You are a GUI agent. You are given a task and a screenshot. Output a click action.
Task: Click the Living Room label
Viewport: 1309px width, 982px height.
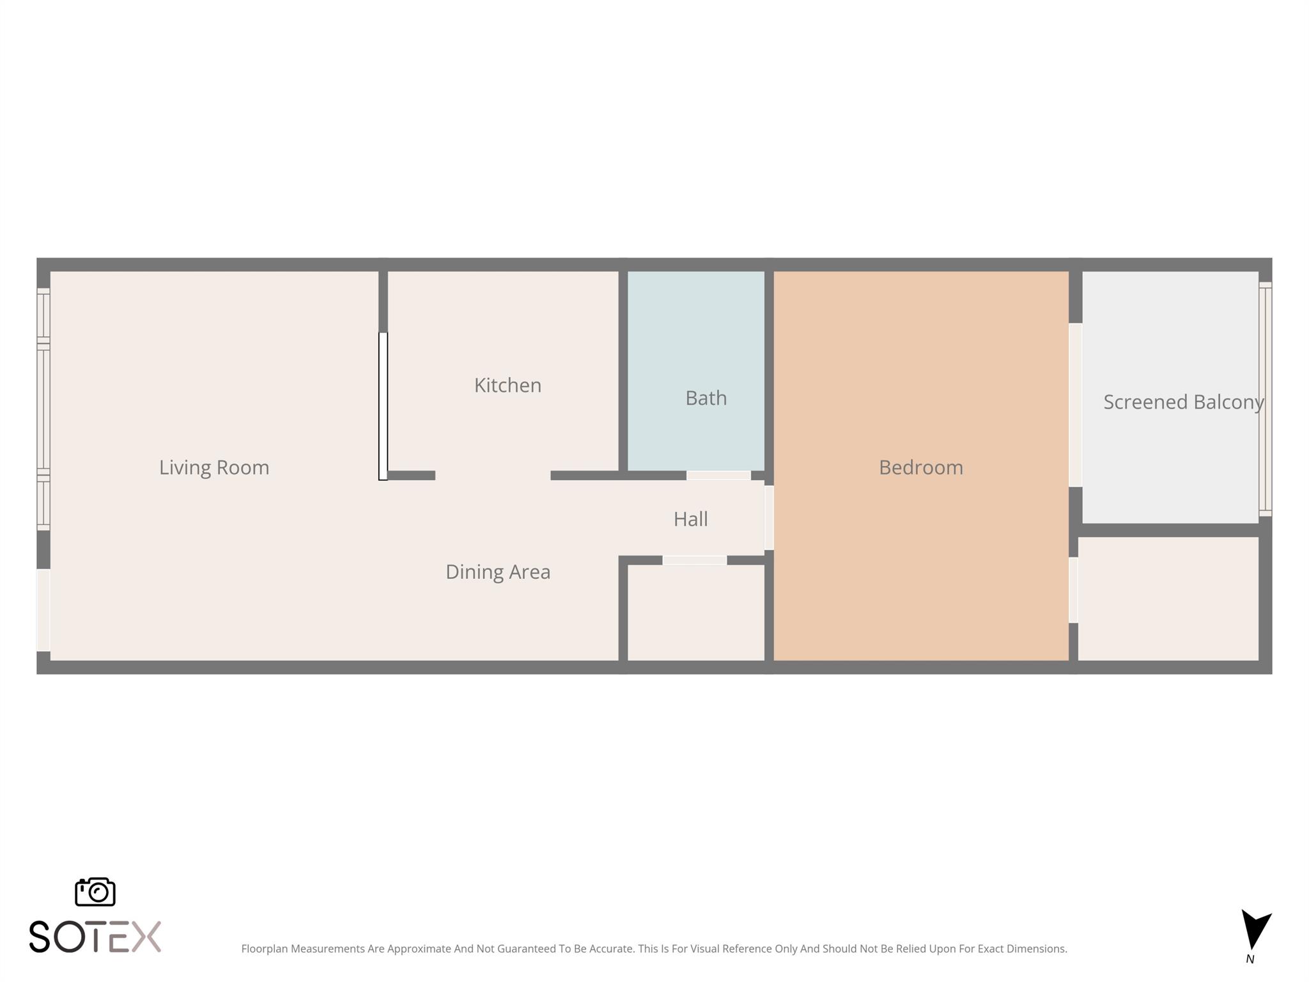coord(214,467)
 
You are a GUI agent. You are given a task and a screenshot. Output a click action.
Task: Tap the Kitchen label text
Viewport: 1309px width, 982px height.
coord(507,385)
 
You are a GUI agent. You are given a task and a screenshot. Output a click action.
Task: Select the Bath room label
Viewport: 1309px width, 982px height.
coord(706,398)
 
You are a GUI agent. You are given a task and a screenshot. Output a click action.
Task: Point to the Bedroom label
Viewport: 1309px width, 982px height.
coord(920,467)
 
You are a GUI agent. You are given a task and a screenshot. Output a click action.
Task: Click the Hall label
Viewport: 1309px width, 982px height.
coord(690,518)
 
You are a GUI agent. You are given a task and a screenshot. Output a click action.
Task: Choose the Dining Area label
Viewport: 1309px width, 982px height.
coord(498,572)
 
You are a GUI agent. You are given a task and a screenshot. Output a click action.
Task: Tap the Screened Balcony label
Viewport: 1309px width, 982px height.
coord(1183,401)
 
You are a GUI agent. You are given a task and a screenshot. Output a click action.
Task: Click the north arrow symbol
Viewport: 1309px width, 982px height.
coord(1255,931)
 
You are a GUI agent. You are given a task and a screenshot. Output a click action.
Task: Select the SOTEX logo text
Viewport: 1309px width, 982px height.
coord(95,937)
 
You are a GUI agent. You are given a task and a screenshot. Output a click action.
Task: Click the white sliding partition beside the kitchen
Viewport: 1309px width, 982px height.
coord(383,406)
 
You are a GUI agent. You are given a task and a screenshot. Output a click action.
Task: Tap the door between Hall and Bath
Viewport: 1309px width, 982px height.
coord(718,475)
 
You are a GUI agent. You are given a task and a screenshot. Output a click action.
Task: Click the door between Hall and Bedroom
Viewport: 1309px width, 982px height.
coord(769,517)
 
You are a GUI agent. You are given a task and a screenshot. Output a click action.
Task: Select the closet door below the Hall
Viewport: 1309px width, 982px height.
coord(694,560)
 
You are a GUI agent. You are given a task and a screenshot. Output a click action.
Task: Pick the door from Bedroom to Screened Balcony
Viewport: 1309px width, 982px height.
coord(1075,405)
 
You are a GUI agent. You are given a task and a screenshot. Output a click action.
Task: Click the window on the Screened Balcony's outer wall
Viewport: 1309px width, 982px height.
coord(1265,399)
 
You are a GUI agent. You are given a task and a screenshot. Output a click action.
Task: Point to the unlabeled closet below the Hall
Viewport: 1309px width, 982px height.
coord(695,612)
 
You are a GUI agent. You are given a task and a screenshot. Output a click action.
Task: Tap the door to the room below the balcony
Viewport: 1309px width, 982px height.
coord(1073,590)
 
